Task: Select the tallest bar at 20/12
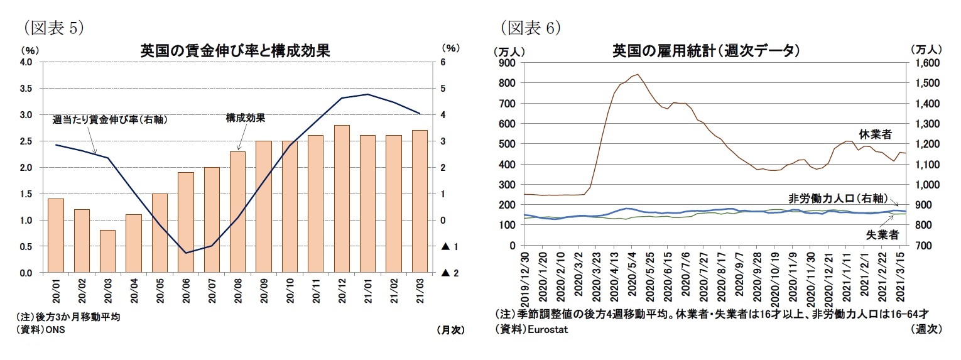[342, 199]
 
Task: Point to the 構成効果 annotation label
[245, 117]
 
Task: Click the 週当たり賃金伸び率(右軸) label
[109, 119]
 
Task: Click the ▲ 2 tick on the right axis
[448, 273]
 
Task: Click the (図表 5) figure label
[53, 27]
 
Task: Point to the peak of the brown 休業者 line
[638, 74]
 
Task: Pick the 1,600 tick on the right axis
[926, 63]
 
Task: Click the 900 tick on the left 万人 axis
[506, 63]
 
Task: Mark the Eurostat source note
[531, 330]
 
